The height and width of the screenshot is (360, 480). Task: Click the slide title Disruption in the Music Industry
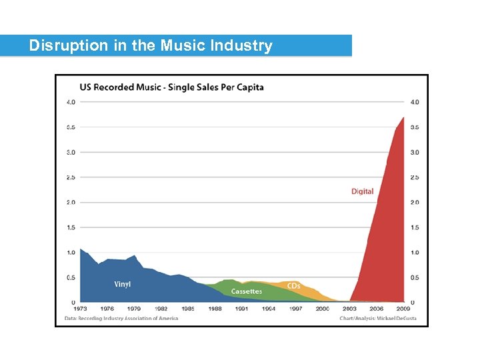(x=151, y=46)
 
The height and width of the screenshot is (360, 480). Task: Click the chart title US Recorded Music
(x=171, y=87)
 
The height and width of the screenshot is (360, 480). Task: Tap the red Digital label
(x=363, y=191)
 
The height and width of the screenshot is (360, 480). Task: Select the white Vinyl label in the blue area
(x=123, y=284)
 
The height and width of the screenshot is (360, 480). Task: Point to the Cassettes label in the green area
(x=247, y=291)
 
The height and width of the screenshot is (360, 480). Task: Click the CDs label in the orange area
(x=294, y=286)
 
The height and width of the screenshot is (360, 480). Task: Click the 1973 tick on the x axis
(x=81, y=309)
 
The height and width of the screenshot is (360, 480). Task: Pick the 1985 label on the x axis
(x=188, y=309)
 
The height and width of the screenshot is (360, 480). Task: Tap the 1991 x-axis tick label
(x=242, y=309)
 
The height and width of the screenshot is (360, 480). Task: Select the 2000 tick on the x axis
(x=323, y=309)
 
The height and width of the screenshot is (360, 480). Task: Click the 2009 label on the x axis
(x=403, y=309)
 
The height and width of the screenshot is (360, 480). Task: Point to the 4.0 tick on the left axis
(x=70, y=102)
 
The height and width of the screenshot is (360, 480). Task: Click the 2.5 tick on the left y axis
(x=70, y=177)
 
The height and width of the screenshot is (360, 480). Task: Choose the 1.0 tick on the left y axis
(x=70, y=253)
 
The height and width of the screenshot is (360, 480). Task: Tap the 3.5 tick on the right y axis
(x=415, y=127)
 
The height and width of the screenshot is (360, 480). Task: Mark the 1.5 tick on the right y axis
(x=415, y=227)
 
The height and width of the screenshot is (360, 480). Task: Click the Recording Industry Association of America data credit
(x=121, y=318)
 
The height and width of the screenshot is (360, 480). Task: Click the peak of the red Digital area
(x=403, y=117)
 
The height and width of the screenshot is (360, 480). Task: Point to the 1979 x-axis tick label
(x=134, y=309)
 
